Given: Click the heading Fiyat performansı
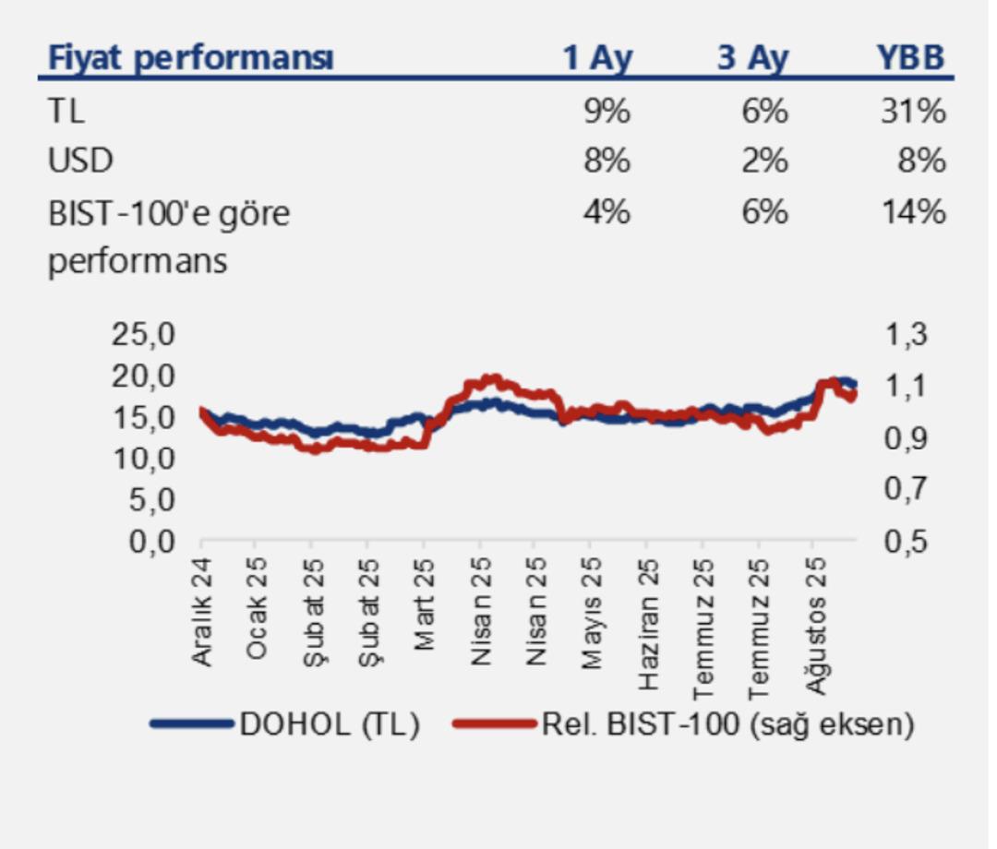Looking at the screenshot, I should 191,58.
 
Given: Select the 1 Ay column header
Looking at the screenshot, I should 597,58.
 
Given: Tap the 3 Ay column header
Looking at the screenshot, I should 753,58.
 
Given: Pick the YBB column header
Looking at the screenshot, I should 910,58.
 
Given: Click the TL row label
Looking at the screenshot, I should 66,112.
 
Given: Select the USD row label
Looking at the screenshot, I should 80,161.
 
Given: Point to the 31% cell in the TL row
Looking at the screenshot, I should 913,112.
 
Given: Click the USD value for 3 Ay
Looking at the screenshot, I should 763,161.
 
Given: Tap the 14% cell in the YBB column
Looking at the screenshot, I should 913,211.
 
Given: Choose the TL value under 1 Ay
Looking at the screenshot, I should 607,112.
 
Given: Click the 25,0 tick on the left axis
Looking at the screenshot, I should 143,333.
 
